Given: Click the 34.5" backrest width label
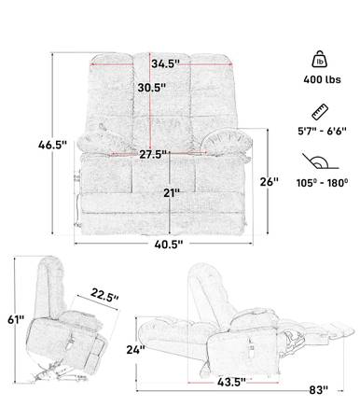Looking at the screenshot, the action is [165, 63].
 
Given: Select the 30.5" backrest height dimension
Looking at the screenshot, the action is [151, 88].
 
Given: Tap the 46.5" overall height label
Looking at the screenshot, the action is [52, 145].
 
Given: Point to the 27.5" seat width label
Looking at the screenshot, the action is [153, 154].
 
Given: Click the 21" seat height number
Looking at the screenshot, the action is [172, 193].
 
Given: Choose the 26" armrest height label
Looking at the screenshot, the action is [269, 181].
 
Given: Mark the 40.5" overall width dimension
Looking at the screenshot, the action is [169, 245].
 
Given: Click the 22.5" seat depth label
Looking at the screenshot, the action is [104, 295].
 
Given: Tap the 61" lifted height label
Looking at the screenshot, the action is [16, 319].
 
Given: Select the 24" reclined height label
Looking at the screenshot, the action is [135, 350].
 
